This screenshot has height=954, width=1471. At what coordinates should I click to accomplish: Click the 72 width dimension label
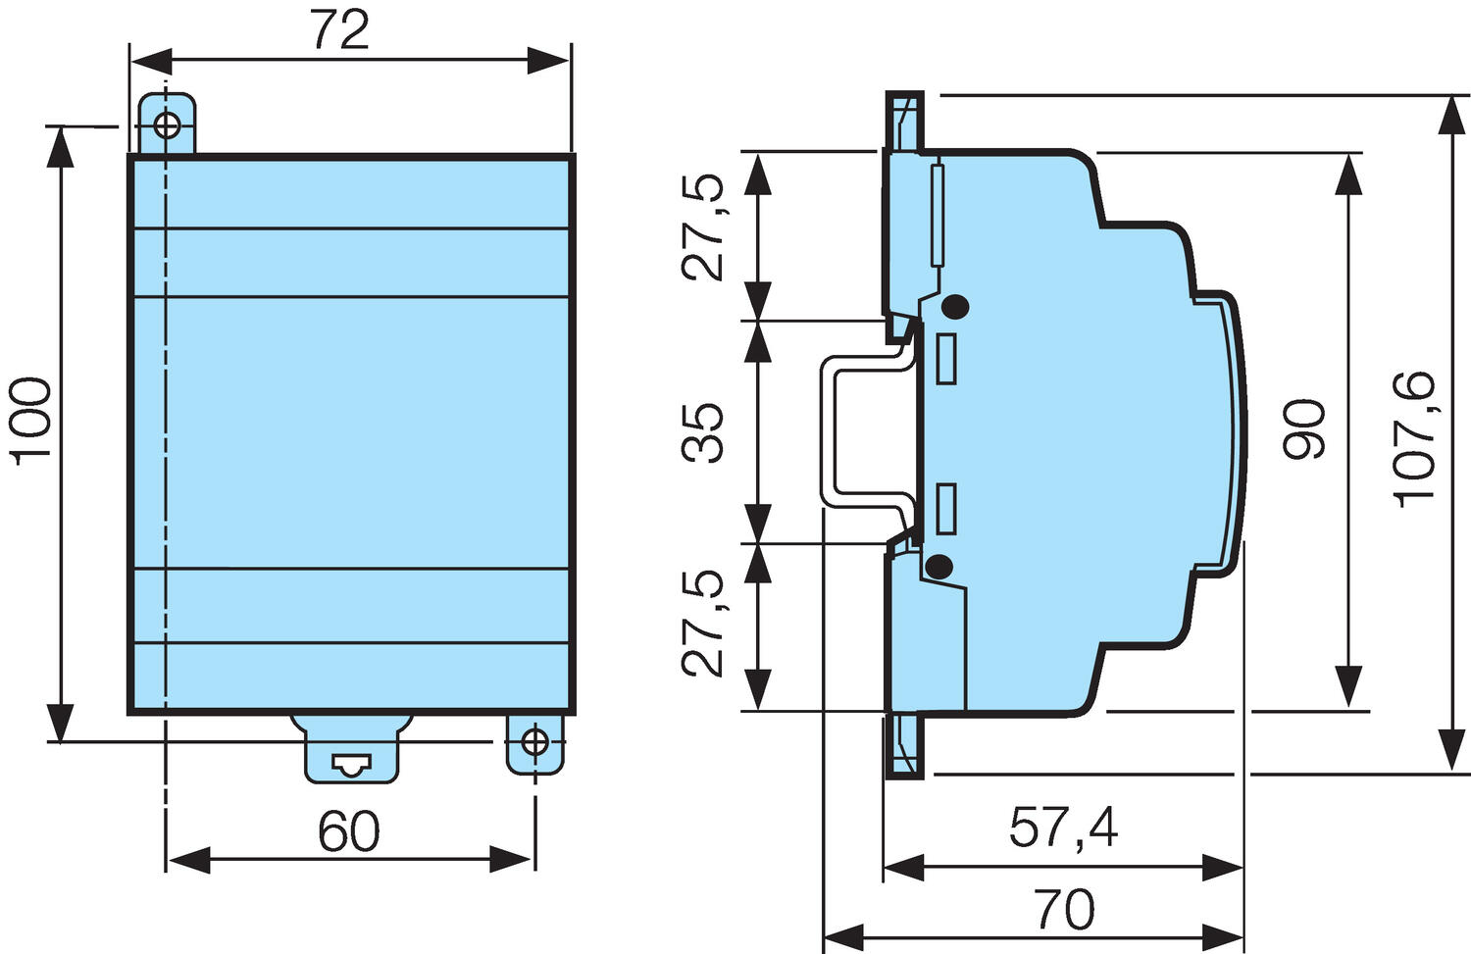click(x=340, y=30)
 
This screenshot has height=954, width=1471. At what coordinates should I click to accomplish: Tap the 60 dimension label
click(x=348, y=831)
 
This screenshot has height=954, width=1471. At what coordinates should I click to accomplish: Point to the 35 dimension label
click(x=704, y=431)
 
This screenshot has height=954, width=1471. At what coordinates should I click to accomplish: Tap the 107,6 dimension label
click(x=1415, y=437)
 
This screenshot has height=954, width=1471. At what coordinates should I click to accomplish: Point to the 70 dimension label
click(x=1063, y=910)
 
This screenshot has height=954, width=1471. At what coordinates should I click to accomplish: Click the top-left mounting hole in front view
click(x=167, y=126)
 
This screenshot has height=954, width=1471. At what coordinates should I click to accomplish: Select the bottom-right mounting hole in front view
click(x=534, y=742)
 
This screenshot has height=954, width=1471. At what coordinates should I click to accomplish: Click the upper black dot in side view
click(x=955, y=307)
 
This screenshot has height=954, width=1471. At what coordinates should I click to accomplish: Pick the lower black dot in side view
click(x=939, y=566)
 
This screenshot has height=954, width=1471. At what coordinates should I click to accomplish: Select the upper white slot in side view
click(x=946, y=359)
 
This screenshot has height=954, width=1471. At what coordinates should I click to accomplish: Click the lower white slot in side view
click(x=946, y=509)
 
